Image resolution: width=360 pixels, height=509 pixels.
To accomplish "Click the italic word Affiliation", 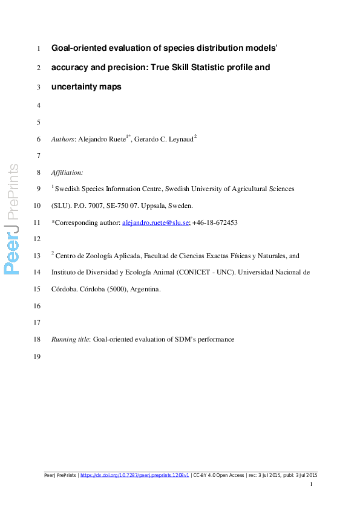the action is click(x=67, y=172).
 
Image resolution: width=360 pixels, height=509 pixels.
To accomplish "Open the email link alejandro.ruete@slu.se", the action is click(x=155, y=222).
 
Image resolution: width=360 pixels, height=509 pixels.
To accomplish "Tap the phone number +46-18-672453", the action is click(x=215, y=222).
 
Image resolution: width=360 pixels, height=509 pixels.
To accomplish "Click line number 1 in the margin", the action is click(x=38, y=48).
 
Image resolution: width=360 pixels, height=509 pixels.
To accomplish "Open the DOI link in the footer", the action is click(x=134, y=475).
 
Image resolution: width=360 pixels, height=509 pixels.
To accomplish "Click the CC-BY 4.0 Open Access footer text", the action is click(x=218, y=475).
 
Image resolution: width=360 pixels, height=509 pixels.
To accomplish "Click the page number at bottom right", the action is click(x=311, y=485).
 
